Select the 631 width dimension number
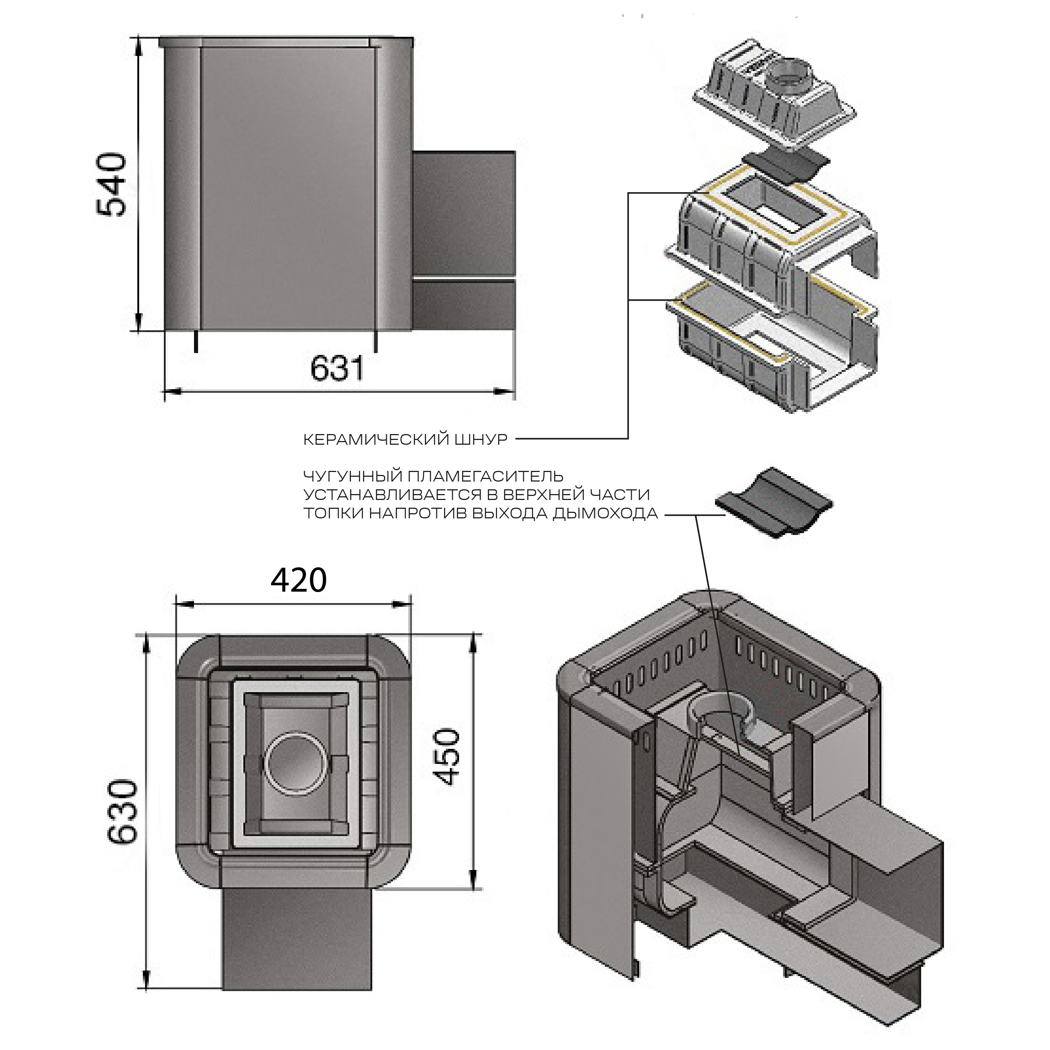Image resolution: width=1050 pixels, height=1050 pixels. tap(337, 369)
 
